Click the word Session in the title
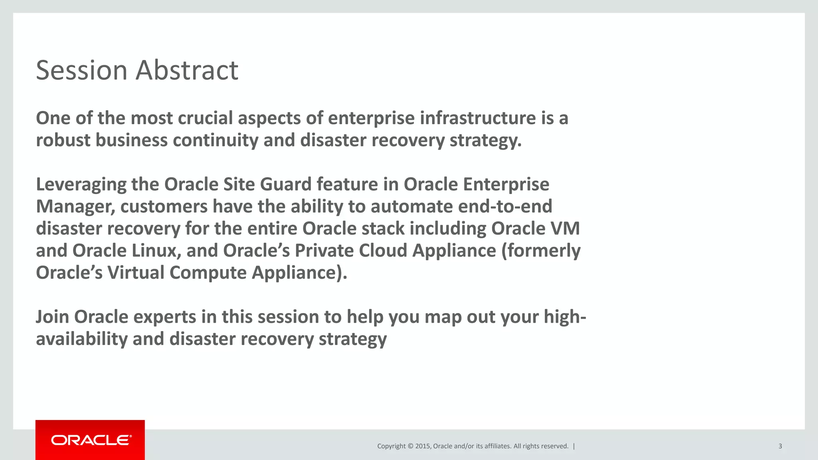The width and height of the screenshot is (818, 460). (81, 71)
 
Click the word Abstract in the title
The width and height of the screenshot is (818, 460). (187, 71)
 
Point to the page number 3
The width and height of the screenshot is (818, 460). (780, 446)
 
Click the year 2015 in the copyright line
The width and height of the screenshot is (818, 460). (423, 446)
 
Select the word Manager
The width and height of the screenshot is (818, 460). (75, 207)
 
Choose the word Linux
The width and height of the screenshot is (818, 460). (156, 251)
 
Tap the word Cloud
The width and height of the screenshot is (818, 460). (383, 251)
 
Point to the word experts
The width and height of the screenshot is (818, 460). (164, 317)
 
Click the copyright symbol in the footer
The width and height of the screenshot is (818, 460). (410, 446)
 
